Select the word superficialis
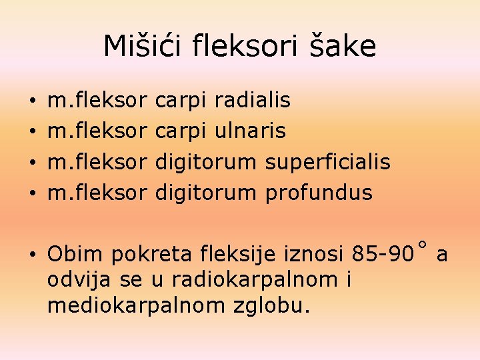click(x=328, y=162)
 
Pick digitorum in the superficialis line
click(x=205, y=162)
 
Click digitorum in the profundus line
click(x=205, y=193)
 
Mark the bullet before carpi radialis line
click(x=33, y=102)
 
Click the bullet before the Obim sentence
click(x=33, y=255)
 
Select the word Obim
click(x=75, y=254)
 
